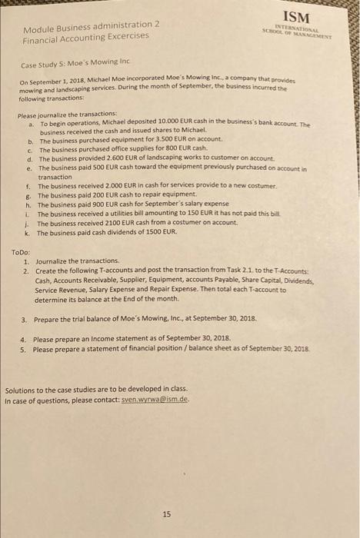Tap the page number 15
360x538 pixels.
(x=167, y=493)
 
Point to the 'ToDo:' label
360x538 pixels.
(x=21, y=252)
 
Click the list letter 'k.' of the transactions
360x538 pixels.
(x=28, y=231)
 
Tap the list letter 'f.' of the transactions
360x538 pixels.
(x=28, y=186)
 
